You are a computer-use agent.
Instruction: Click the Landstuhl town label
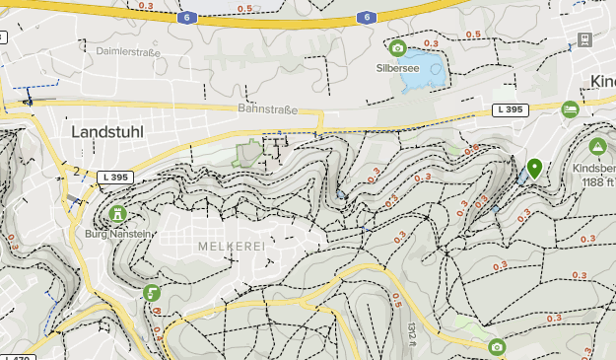point(110,130)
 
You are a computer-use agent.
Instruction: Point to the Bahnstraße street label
point(267,109)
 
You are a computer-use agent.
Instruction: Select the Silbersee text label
point(397,68)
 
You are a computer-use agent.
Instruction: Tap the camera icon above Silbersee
point(397,48)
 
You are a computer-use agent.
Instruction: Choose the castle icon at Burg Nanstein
point(118,213)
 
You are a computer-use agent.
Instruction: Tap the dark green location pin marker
point(534,168)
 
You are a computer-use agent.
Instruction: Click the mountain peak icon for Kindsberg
point(597,147)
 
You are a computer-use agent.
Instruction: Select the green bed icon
point(570,109)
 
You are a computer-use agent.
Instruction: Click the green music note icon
point(151,292)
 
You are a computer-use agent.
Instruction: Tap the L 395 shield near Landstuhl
point(115,178)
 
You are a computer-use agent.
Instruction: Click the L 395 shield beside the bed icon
point(511,108)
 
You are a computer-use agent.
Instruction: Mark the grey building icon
point(584,40)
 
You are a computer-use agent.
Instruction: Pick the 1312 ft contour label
point(411,331)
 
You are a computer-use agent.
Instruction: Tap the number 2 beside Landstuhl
point(75,171)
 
